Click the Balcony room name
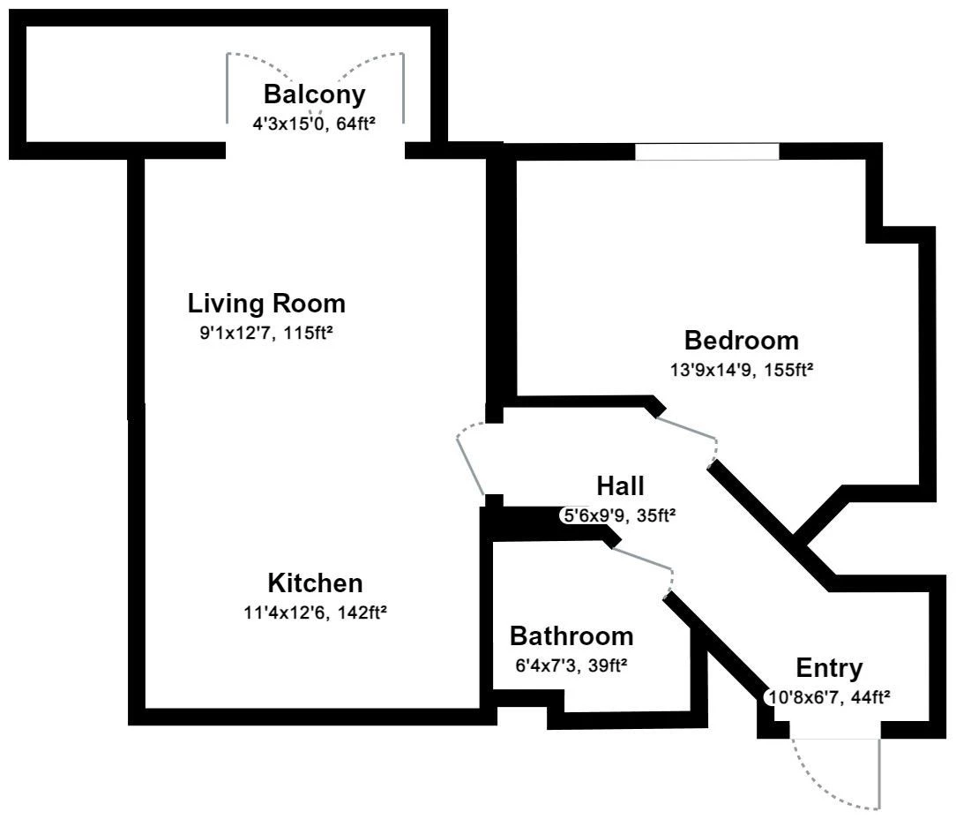point(314,94)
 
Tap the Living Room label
point(266,304)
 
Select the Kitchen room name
point(315,582)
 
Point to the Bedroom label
point(742,340)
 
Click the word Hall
point(620,485)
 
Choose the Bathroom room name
point(571,636)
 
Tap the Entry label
point(829,668)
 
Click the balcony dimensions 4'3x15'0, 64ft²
point(313,124)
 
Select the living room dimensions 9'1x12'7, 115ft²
point(266,334)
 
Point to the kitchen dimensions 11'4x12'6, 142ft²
point(315,612)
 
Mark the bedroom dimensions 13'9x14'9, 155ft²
point(742,370)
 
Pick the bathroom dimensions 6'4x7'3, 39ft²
point(571,665)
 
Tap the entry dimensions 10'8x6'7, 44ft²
point(829,697)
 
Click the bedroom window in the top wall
point(707,151)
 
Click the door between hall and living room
point(470,465)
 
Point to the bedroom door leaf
point(686,427)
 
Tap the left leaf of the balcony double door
point(228,88)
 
